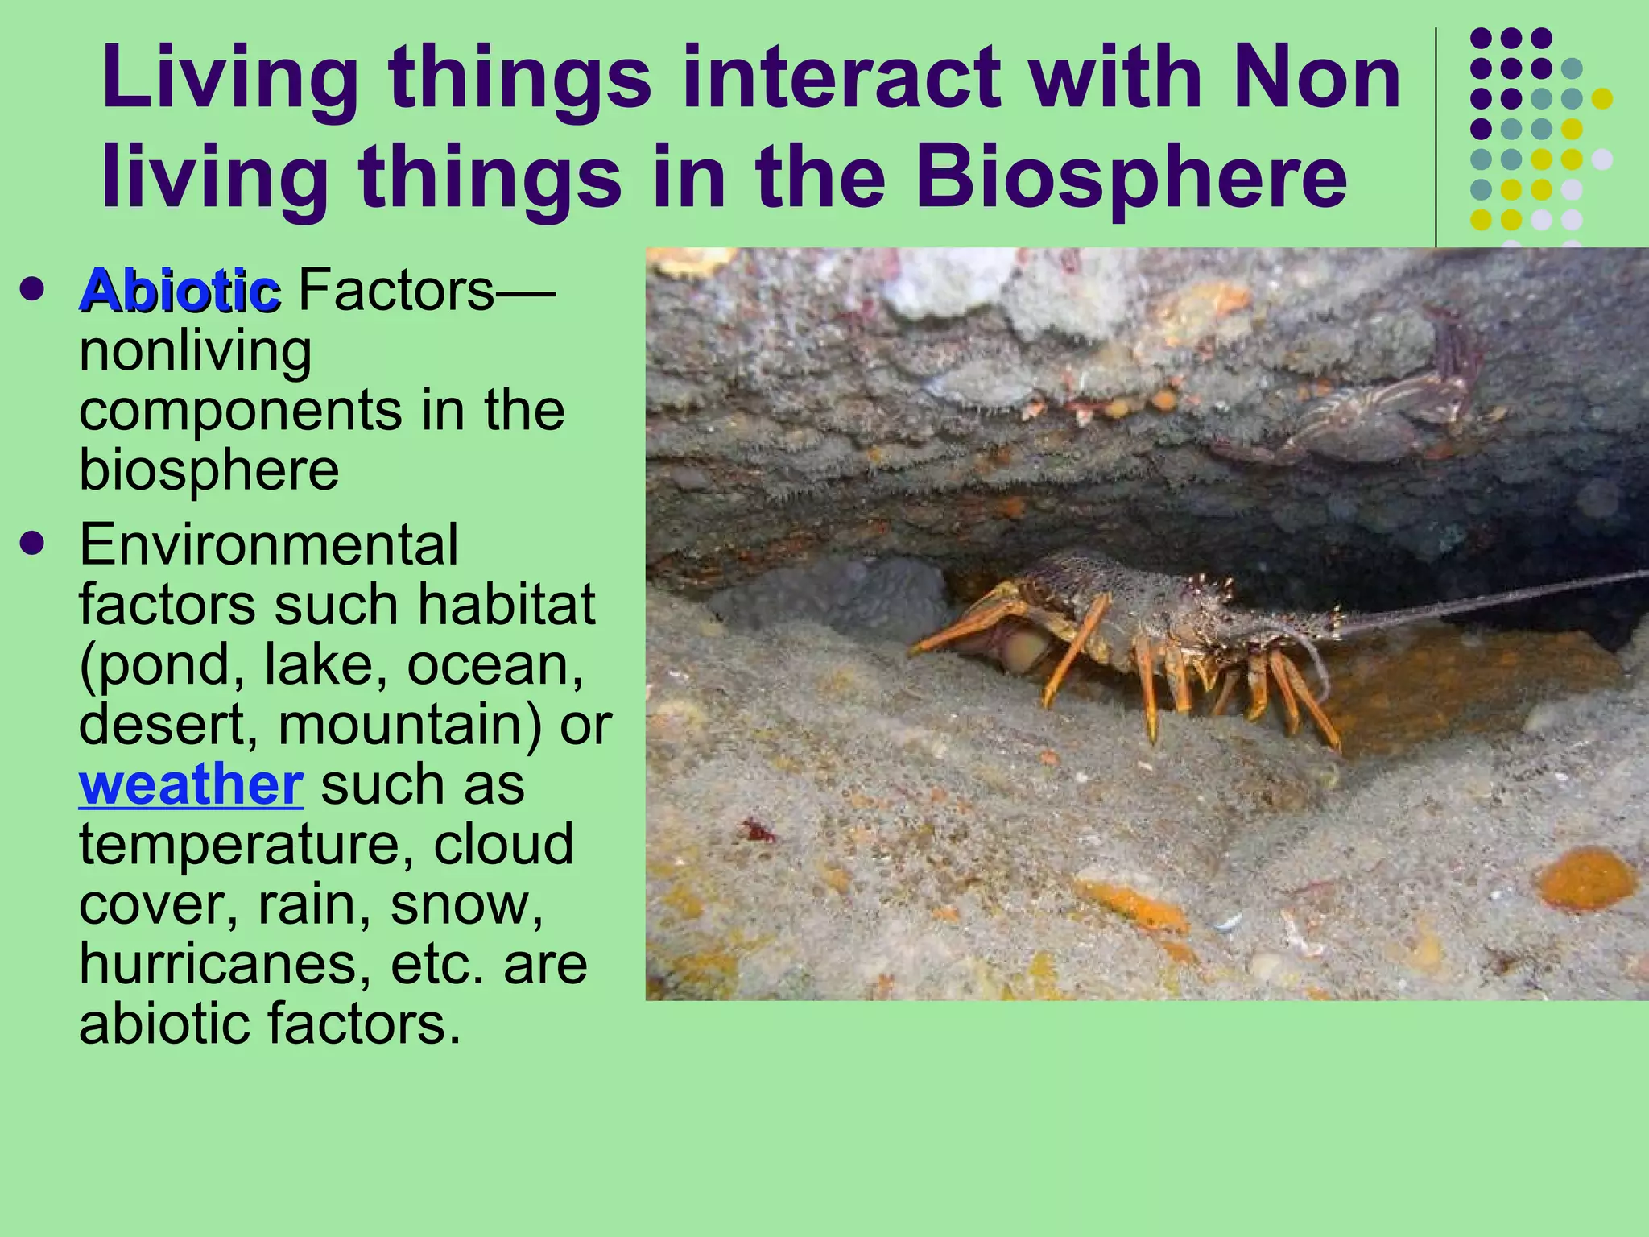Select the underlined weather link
(191, 784)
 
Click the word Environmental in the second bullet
(269, 545)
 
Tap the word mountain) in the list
(410, 724)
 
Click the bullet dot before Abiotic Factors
(33, 289)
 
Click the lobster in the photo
(1143, 636)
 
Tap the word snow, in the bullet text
(466, 904)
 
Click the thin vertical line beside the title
(1436, 137)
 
